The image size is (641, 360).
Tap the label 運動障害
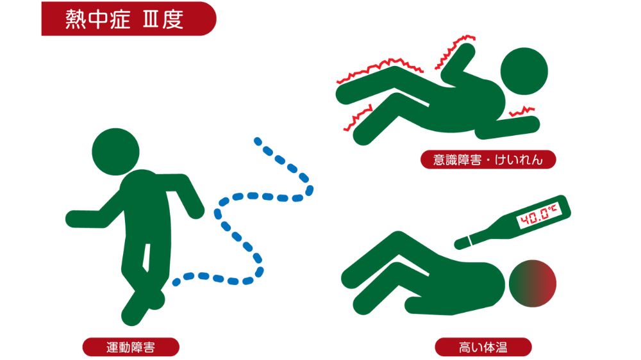tap(130, 348)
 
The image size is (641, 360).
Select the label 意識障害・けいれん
tap(488, 160)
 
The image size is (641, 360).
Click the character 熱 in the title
tap(76, 19)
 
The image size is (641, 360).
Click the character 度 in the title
tap(172, 19)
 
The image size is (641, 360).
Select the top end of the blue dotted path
tap(258, 140)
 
